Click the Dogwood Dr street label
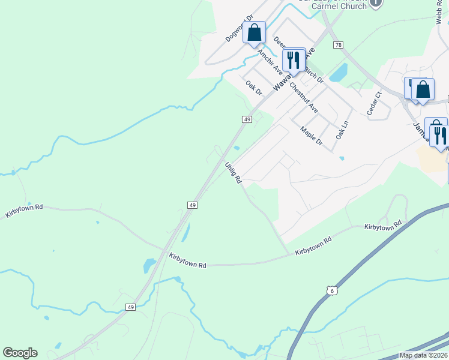[x=240, y=28]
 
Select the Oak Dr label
[x=255, y=88]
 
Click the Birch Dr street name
[x=313, y=74]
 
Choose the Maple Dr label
[x=312, y=137]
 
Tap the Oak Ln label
[x=342, y=130]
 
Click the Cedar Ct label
[x=375, y=103]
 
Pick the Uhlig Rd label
[x=234, y=172]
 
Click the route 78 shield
[x=339, y=45]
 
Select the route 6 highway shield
[x=332, y=290]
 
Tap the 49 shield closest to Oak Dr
[x=247, y=119]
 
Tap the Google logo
[x=20, y=353]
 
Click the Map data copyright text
[x=424, y=355]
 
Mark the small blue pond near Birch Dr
[x=338, y=73]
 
